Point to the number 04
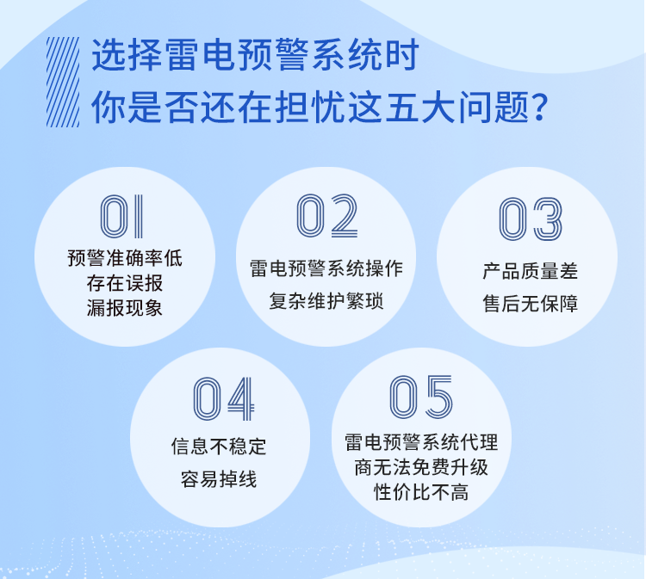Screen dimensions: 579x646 (223, 398)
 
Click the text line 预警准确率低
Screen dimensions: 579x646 (125, 257)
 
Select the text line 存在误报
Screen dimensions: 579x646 (125, 282)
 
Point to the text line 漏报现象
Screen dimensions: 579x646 (125, 307)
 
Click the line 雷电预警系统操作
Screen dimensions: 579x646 (326, 268)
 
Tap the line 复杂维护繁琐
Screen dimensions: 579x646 (326, 302)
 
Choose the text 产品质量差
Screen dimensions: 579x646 (530, 271)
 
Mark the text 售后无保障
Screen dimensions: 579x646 (530, 304)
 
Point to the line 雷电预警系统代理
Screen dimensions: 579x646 (421, 442)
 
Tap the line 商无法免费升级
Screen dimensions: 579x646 (421, 467)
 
